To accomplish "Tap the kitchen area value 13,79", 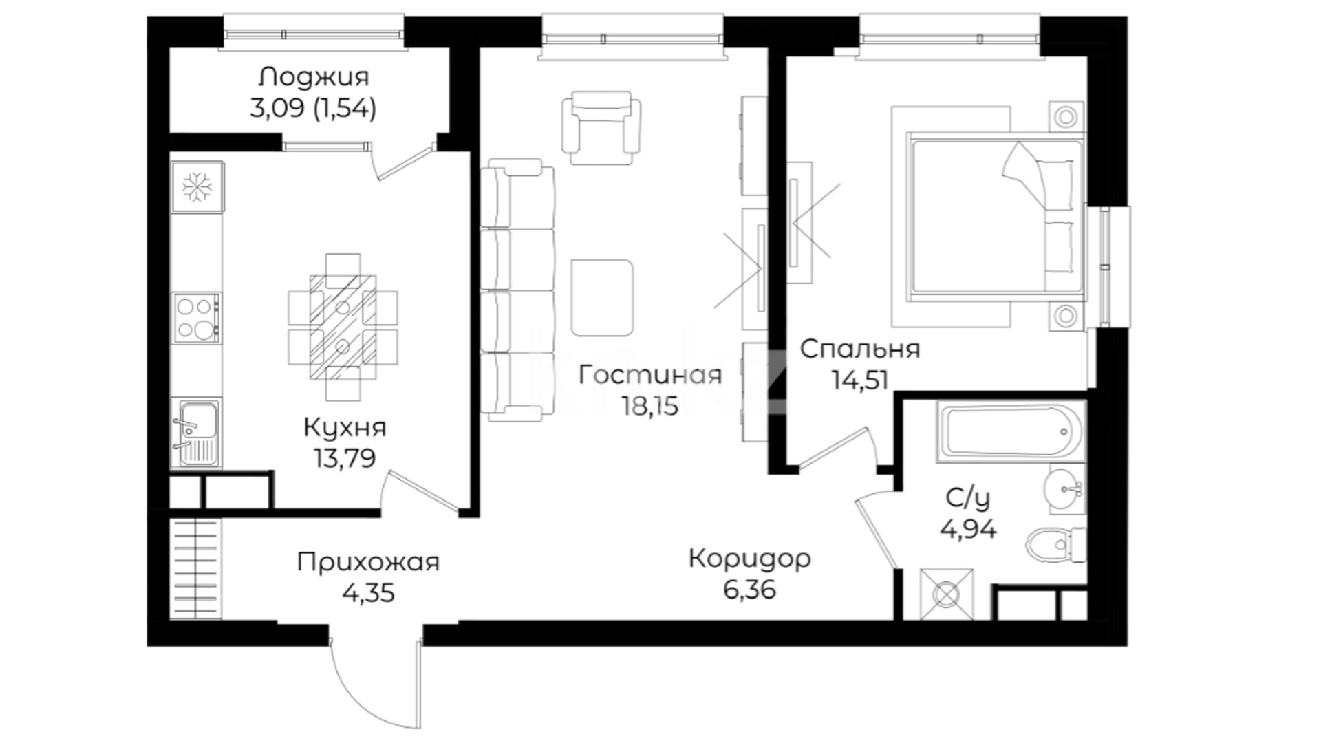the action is point(345,457).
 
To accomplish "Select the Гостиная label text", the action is point(650,376).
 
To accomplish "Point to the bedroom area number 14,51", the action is point(861,380).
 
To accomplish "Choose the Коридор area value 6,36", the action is point(749,590).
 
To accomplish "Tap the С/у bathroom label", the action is point(968,498).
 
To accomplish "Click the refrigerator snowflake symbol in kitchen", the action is point(197,186).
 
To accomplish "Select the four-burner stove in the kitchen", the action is point(197,319).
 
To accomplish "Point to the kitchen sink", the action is point(196,433).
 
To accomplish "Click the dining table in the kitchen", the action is point(343,327).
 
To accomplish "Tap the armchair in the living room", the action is point(601,128).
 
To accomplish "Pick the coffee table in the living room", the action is point(602,297).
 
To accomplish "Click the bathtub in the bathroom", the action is point(1010,431).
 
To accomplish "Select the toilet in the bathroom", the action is point(1055,546).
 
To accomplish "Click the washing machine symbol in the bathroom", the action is point(947,594).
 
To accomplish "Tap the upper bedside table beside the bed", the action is point(1066,116).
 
